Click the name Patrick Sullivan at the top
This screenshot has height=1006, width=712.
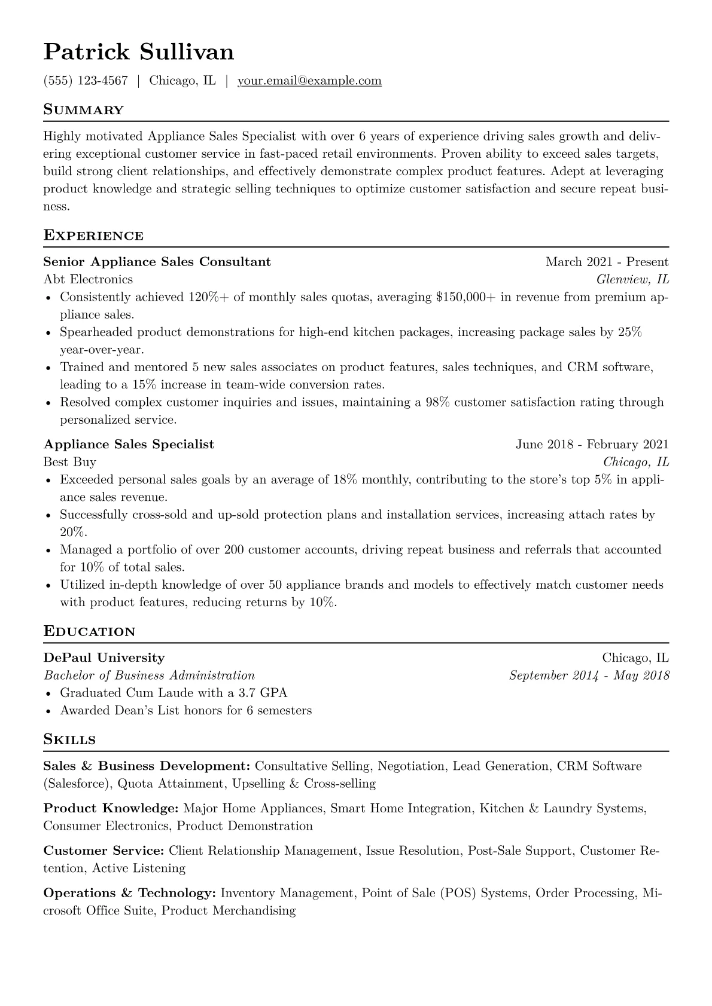point(139,52)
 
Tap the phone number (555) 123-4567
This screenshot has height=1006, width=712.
point(86,81)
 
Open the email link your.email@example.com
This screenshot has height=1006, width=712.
point(309,81)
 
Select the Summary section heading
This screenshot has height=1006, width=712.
point(84,110)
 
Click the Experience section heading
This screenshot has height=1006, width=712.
point(93,236)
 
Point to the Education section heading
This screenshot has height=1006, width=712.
point(90,632)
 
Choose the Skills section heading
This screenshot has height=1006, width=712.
point(69,740)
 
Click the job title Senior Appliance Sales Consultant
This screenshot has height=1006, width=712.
point(157,262)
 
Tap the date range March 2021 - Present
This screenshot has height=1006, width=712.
point(607,262)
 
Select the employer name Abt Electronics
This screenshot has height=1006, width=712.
point(89,279)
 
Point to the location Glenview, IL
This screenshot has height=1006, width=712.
point(632,279)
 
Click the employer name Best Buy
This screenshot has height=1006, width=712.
point(70,462)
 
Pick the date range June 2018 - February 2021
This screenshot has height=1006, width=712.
point(592,445)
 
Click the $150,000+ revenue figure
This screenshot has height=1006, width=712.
point(466,297)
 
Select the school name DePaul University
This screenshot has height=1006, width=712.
point(104,658)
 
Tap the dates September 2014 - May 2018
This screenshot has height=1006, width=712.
point(589,675)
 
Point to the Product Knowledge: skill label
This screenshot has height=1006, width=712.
point(111,809)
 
